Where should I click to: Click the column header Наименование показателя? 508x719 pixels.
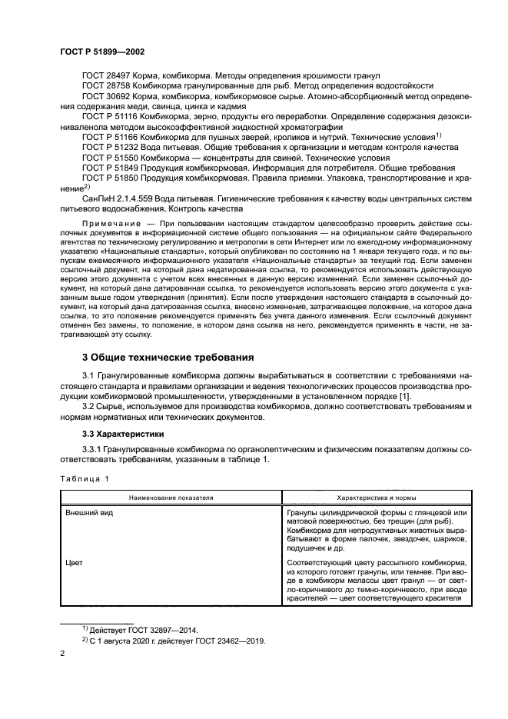click(171, 498)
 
